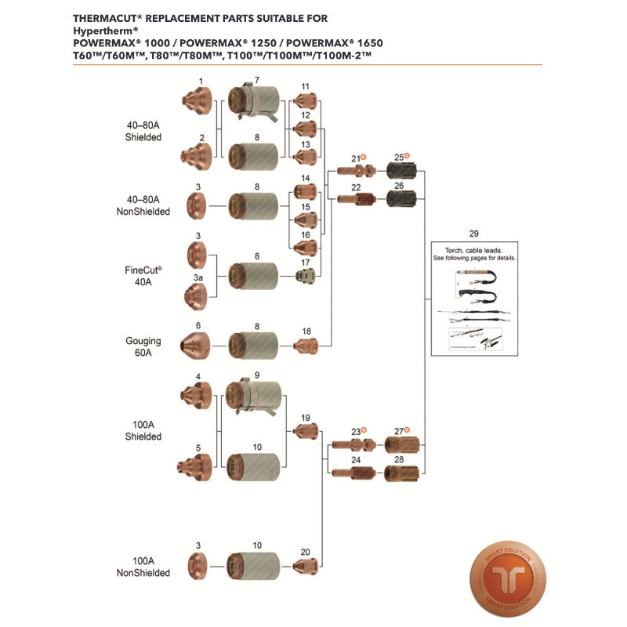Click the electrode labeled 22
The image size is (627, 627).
(x=356, y=199)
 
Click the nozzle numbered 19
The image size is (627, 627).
(x=306, y=430)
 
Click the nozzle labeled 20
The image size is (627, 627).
(x=306, y=565)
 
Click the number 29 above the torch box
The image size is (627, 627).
(x=473, y=234)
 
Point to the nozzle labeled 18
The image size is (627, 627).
(x=306, y=345)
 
